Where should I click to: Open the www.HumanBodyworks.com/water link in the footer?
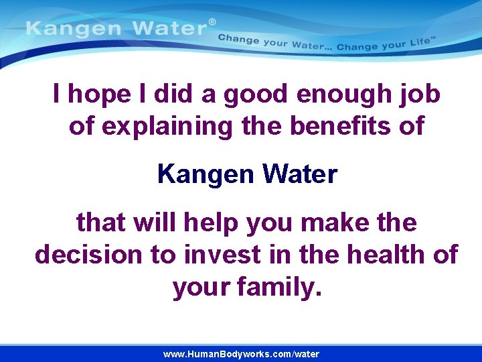pyautogui.click(x=241, y=354)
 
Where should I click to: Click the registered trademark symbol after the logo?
pyautogui.click(x=212, y=22)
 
